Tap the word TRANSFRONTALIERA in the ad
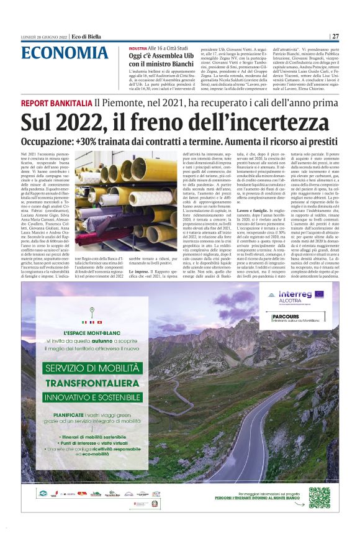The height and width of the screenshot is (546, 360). (91, 383)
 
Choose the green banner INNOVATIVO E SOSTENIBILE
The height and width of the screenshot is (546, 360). (94, 398)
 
